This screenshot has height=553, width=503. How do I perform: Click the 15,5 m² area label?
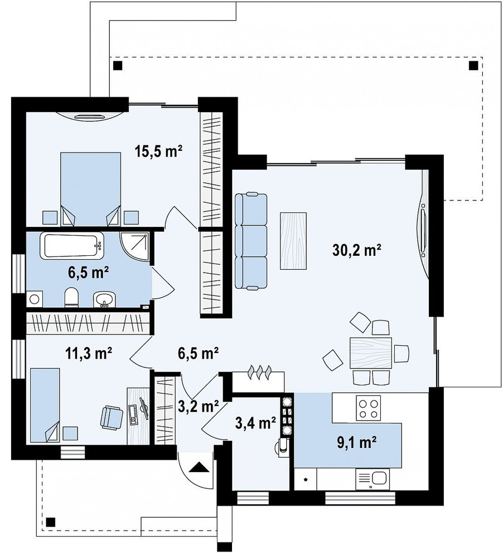pyautogui.click(x=158, y=151)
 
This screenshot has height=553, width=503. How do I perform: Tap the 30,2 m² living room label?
pyautogui.click(x=356, y=250)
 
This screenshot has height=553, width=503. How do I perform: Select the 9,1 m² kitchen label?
pyautogui.click(x=357, y=442)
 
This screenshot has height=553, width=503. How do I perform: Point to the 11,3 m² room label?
pyautogui.click(x=89, y=352)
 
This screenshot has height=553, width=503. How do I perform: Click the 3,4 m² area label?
pyautogui.click(x=255, y=422)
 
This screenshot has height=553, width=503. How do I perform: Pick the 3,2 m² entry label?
pyautogui.click(x=199, y=407)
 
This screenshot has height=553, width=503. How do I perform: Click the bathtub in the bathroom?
pyautogui.click(x=74, y=245)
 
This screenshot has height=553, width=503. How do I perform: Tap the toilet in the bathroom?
pyautogui.click(x=71, y=297)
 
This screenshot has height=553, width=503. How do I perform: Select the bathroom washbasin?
pyautogui.click(x=104, y=300)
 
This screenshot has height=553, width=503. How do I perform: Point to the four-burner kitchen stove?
pyautogui.click(x=369, y=408)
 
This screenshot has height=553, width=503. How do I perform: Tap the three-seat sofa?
pyautogui.click(x=251, y=241)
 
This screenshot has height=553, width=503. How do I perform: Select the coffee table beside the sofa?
pyautogui.click(x=293, y=241)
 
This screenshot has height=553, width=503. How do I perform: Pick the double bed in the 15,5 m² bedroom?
pyautogui.click(x=91, y=189)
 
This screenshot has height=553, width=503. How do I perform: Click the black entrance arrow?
pyautogui.click(x=199, y=467)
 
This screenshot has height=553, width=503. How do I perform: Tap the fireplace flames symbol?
pyautogui.click(x=260, y=373)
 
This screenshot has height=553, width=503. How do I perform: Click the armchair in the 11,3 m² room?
pyautogui.click(x=112, y=417)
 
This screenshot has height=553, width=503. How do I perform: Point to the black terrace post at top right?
pyautogui.click(x=473, y=65)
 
